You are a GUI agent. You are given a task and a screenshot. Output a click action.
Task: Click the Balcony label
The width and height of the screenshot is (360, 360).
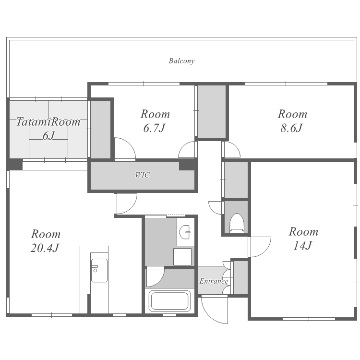(x=181, y=61)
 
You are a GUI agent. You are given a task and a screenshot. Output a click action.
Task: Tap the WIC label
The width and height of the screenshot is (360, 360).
(x=143, y=175)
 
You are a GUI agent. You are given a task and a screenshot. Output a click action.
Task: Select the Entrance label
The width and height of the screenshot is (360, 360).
(x=214, y=281)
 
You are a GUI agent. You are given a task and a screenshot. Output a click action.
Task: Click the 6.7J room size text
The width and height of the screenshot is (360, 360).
(x=154, y=128)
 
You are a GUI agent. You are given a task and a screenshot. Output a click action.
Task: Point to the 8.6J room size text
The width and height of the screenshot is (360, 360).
(x=291, y=128)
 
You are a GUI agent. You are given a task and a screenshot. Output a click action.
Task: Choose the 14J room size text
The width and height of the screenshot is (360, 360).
(x=302, y=245)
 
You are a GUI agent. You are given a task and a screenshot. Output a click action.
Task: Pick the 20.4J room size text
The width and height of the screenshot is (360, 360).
(x=45, y=248)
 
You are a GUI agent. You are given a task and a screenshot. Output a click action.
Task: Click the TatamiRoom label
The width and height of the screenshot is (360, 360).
(x=48, y=122)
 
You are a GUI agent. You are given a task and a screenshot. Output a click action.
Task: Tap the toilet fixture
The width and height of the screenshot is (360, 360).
(x=237, y=223)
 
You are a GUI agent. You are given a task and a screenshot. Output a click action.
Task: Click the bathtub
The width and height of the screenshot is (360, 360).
(x=169, y=301)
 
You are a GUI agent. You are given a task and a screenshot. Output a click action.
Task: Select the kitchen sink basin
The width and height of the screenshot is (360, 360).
(x=99, y=270)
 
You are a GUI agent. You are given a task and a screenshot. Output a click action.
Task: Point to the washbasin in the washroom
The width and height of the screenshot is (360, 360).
(x=185, y=232)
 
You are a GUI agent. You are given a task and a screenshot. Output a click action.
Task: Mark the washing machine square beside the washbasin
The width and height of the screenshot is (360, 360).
(x=182, y=257)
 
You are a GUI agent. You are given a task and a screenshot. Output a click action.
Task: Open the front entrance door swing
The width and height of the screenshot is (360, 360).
(x=214, y=310)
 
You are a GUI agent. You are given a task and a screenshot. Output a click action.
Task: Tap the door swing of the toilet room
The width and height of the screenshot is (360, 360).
(x=216, y=208)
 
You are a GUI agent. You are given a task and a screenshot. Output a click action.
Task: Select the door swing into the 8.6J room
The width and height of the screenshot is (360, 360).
(x=232, y=149)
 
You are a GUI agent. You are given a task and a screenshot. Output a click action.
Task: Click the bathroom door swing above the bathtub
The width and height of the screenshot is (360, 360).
(x=155, y=276)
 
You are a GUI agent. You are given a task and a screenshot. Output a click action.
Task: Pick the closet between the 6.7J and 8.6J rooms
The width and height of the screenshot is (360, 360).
(x=212, y=111)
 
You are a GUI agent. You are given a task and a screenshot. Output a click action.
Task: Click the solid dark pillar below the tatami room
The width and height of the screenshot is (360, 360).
(x=15, y=164)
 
